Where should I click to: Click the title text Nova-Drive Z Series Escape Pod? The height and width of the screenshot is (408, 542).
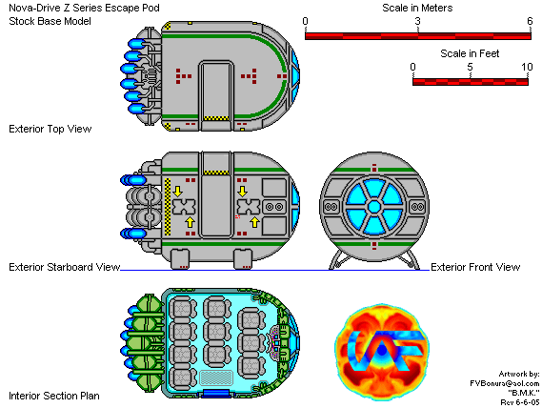[x=84, y=8]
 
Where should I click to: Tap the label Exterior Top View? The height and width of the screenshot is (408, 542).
[x=50, y=129]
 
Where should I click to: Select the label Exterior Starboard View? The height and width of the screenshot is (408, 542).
[x=64, y=267]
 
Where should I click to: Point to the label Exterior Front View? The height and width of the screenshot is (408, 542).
[x=475, y=267]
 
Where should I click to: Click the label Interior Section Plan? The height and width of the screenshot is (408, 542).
[x=54, y=396]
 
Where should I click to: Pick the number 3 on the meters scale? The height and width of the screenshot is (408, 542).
[x=418, y=21]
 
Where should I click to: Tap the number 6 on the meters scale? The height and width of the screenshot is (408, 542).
[x=530, y=21]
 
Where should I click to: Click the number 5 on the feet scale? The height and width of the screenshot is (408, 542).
[x=470, y=67]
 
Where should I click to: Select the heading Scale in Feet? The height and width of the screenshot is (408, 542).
[x=470, y=53]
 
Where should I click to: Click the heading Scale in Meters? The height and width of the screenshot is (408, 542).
[x=417, y=8]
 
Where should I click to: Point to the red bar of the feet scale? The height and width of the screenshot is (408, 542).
[x=471, y=82]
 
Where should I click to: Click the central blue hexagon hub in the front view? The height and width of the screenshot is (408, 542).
[x=374, y=207]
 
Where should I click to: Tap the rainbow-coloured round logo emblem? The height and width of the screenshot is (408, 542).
[x=382, y=352]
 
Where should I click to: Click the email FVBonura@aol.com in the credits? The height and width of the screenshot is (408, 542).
[x=505, y=383]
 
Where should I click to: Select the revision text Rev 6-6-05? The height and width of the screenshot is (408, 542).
[x=520, y=402]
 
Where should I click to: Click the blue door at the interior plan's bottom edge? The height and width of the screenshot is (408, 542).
[x=216, y=394]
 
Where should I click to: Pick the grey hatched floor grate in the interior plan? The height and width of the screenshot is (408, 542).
[x=216, y=377]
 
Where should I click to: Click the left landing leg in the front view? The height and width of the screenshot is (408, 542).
[x=336, y=260]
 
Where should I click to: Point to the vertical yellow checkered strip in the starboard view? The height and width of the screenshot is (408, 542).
[x=168, y=207]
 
